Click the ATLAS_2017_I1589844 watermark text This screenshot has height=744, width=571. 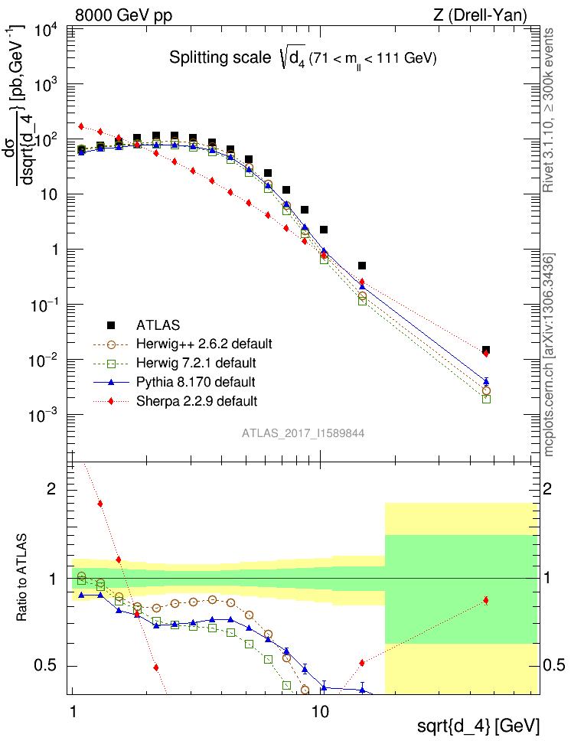(x=303, y=433)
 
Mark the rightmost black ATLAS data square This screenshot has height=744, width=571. (x=486, y=351)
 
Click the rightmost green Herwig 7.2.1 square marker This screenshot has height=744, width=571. (x=486, y=399)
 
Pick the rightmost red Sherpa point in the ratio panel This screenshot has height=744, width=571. (x=486, y=601)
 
